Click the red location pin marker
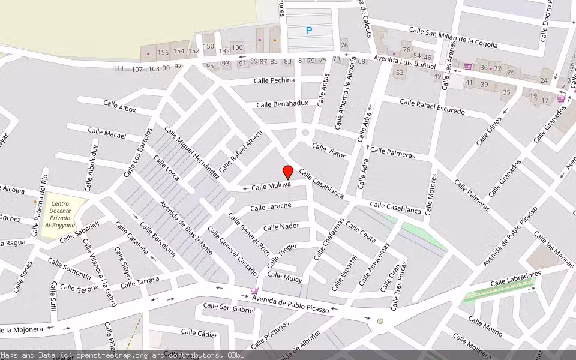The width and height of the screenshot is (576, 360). [288, 172]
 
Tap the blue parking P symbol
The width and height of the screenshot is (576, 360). [309, 31]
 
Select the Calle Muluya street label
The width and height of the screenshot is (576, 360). [271, 187]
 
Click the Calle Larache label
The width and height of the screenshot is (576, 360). [271, 206]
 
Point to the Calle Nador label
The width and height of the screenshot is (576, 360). [281, 227]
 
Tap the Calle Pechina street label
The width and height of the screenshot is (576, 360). [274, 80]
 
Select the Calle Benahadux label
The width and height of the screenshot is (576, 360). [282, 104]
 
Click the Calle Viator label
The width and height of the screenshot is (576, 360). [329, 151]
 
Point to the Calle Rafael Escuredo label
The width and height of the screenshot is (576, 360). [432, 107]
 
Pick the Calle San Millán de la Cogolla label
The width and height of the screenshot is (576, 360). [453, 37]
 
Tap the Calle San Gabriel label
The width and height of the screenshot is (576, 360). [229, 307]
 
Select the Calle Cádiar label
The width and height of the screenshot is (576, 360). [199, 333]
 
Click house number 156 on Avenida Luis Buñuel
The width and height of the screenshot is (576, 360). [163, 52]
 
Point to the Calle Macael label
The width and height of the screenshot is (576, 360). [107, 133]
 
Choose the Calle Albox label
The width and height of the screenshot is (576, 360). [119, 106]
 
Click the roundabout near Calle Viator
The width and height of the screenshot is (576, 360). [305, 133]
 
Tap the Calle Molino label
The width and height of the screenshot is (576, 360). [485, 325]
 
